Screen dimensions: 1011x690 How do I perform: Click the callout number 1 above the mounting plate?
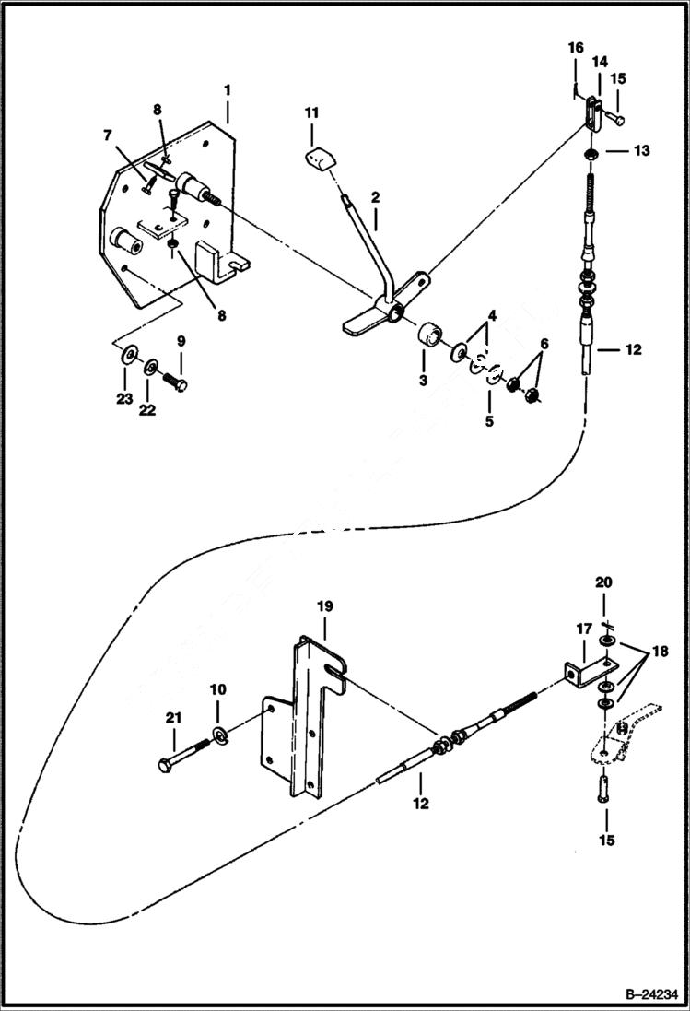[x=227, y=90]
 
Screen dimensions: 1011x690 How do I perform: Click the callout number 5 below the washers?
[x=489, y=421]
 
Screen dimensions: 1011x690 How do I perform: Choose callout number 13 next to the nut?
[x=640, y=150]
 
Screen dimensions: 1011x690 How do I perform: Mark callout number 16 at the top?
[x=576, y=47]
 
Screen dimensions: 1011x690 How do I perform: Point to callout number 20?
[x=603, y=582]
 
